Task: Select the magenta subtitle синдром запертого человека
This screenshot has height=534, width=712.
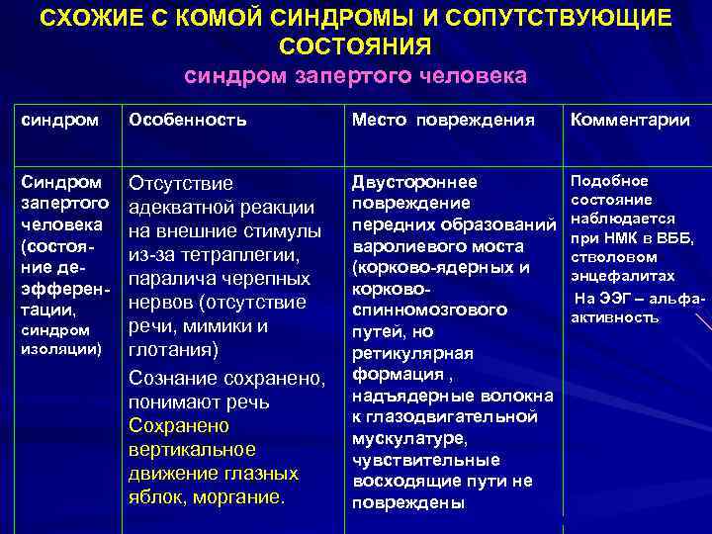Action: point(355,76)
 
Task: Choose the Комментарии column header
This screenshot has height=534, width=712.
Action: point(628,121)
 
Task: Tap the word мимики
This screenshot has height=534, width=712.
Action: point(220,326)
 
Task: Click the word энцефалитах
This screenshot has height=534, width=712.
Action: point(623,276)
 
